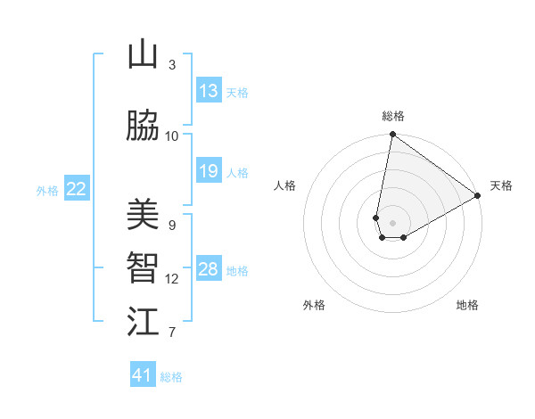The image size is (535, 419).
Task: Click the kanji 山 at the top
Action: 143,55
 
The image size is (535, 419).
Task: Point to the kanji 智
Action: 143,268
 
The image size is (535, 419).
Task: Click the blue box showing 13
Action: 209,91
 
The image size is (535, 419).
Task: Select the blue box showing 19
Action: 209,171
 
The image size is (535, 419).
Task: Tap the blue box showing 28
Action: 209,269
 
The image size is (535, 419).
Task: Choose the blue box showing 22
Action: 77,188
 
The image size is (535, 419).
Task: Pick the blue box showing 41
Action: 143,375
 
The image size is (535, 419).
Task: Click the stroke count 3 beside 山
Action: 172,65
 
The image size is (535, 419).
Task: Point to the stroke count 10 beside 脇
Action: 172,136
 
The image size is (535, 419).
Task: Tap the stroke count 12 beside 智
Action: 172,279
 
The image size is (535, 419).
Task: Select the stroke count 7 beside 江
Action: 172,333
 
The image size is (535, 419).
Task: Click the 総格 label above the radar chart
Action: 393,116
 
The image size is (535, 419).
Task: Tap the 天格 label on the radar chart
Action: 501,185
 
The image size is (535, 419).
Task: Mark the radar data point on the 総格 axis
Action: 392,135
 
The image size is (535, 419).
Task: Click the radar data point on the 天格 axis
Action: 478,195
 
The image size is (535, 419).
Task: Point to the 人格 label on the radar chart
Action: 285,185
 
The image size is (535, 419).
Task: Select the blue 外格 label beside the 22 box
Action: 47,190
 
